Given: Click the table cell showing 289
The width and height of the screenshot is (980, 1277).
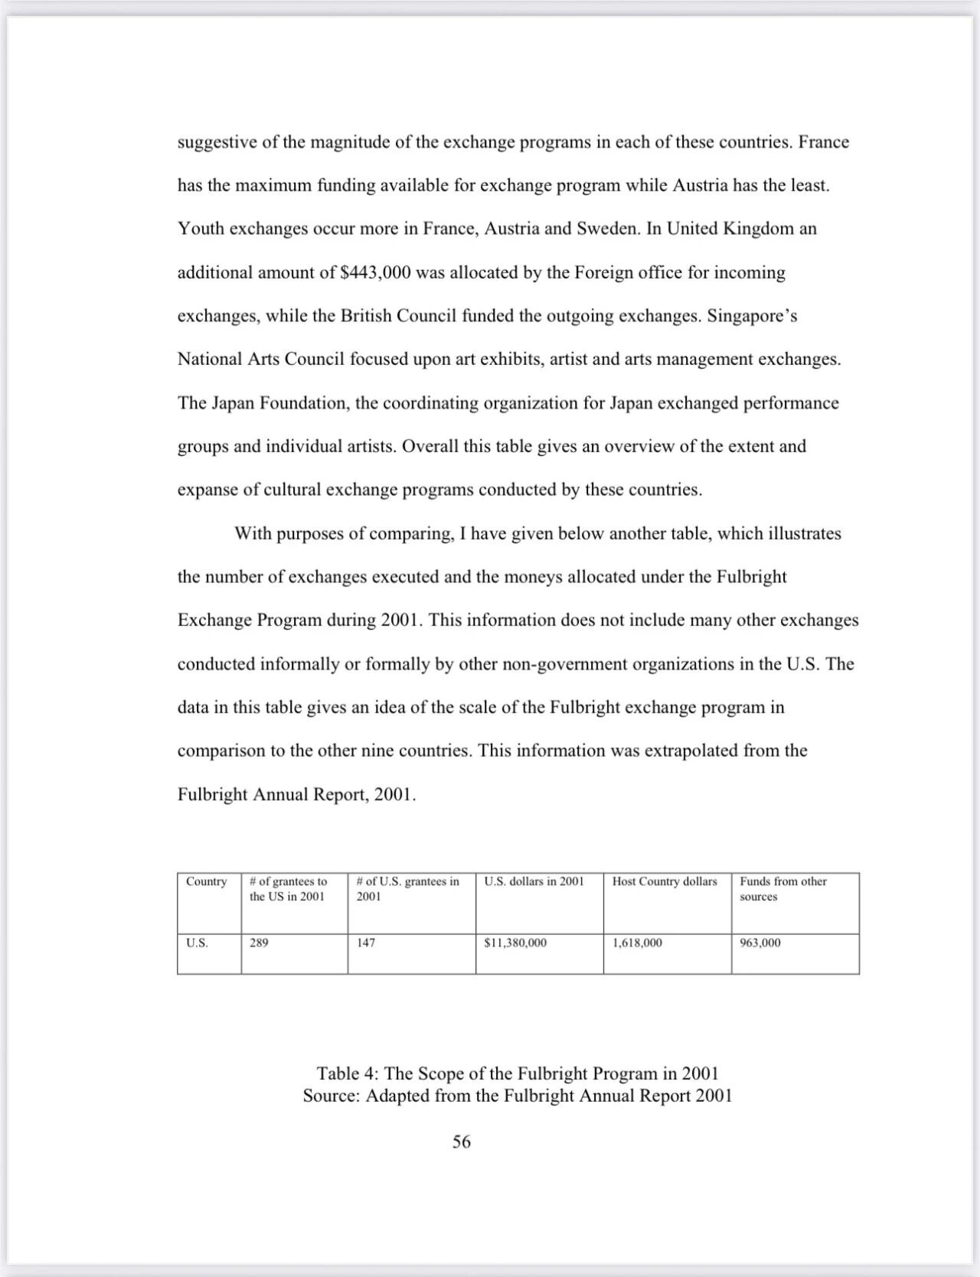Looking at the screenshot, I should pyautogui.click(x=260, y=943).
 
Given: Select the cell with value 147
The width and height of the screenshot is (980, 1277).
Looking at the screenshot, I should pyautogui.click(x=367, y=943).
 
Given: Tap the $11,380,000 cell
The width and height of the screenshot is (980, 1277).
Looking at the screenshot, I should pyautogui.click(x=515, y=943).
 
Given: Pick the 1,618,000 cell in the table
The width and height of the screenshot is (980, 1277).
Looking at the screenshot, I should pyautogui.click(x=637, y=943).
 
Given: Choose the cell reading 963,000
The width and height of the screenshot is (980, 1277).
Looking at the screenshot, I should pyautogui.click(x=760, y=943).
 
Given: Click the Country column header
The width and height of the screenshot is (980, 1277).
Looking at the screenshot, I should pyautogui.click(x=207, y=881).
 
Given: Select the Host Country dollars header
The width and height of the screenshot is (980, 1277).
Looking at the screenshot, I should pyautogui.click(x=665, y=881).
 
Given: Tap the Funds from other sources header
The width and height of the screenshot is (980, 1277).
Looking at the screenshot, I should pyautogui.click(x=783, y=888).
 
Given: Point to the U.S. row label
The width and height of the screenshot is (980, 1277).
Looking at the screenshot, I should pyautogui.click(x=197, y=943).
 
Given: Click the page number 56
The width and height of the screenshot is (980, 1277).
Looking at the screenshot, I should pyautogui.click(x=462, y=1142).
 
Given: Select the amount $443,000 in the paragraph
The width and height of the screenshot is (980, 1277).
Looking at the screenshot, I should pyautogui.click(x=375, y=272).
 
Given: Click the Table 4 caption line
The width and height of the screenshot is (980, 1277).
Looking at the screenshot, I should pyautogui.click(x=518, y=1073).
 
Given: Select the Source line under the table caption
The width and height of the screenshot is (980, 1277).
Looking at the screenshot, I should pyautogui.click(x=518, y=1096).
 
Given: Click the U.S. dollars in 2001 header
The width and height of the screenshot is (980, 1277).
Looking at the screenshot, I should pyautogui.click(x=534, y=881).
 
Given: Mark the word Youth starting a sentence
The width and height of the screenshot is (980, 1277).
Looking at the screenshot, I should pyautogui.click(x=201, y=229).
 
